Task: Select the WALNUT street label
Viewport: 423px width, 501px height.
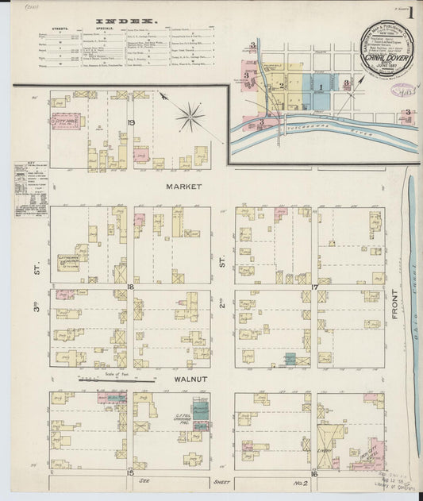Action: click(190, 380)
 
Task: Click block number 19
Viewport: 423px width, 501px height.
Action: click(131, 121)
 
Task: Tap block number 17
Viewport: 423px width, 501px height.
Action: click(314, 287)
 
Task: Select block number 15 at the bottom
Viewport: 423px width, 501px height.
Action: click(129, 473)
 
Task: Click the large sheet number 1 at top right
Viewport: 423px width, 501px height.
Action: click(410, 13)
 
